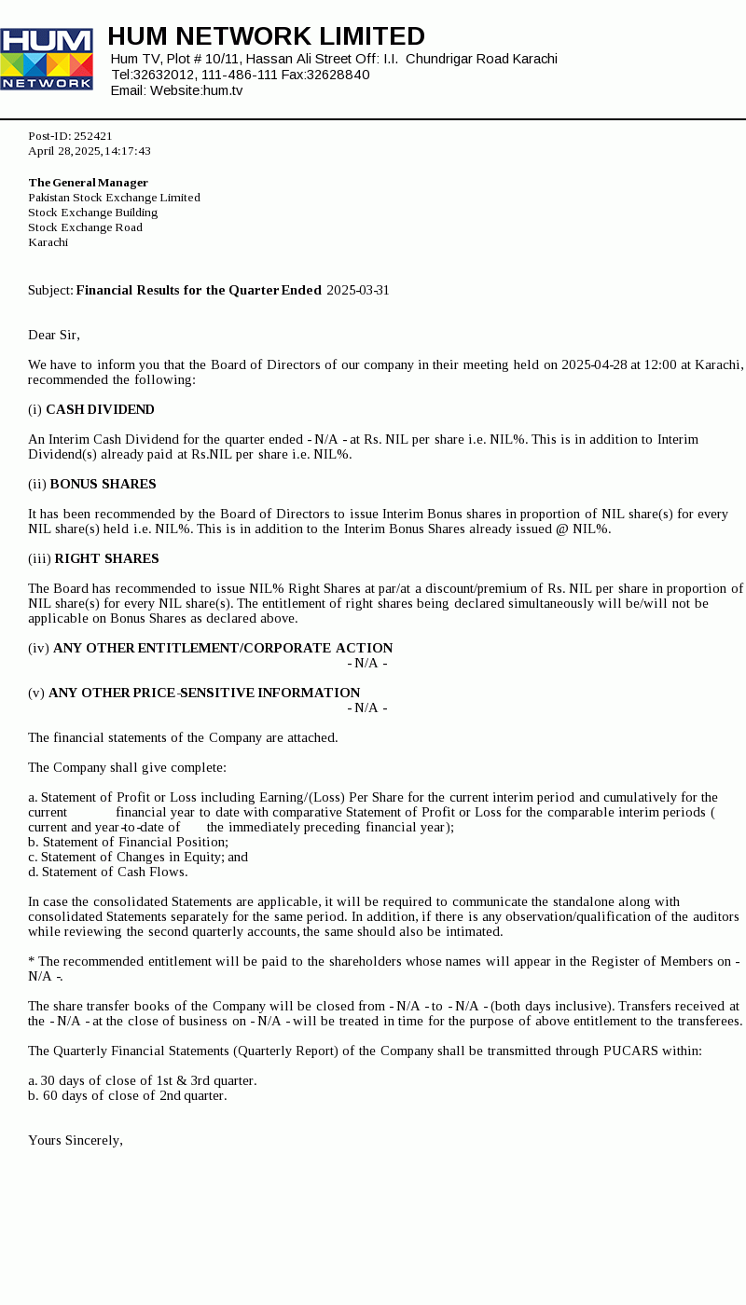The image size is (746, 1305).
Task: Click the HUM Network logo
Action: tap(47, 59)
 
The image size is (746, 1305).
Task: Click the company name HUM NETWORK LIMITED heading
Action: tap(266, 36)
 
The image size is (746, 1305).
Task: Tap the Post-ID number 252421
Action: tap(92, 136)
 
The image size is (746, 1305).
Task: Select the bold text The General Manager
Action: tap(88, 183)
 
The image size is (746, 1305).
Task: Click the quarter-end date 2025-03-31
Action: tap(358, 291)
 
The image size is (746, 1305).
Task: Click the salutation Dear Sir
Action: tap(54, 336)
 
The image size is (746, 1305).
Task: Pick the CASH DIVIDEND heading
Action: tap(100, 410)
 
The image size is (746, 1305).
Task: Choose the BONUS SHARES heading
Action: tap(103, 485)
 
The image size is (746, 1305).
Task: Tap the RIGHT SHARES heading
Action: tap(106, 559)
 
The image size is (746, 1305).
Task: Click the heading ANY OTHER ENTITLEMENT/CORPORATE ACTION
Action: tap(223, 649)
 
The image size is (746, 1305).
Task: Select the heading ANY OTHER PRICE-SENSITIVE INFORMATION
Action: tap(204, 694)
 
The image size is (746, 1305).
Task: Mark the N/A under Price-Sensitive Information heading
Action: tap(367, 708)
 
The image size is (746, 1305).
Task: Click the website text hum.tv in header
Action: tap(222, 90)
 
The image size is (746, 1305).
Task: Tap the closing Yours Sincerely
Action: tap(76, 1141)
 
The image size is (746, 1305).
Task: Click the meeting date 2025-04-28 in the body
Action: tap(594, 365)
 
